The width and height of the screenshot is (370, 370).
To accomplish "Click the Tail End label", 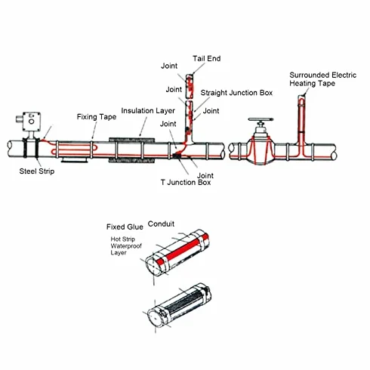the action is (206, 59).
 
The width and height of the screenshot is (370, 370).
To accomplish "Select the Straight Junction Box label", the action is (236, 93).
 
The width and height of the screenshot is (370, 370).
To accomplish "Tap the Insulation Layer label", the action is (148, 111).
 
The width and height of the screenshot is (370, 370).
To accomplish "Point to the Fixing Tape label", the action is (97, 117).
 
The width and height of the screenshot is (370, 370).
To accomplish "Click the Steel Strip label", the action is (37, 171).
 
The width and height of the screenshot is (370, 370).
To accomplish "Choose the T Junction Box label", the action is (186, 182).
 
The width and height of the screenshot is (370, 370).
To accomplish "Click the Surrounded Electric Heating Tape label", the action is (322, 79).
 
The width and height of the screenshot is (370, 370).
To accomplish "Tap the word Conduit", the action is (161, 224).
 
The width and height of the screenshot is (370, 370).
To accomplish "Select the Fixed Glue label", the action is (125, 227).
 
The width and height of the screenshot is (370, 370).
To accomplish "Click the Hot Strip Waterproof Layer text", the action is (126, 246).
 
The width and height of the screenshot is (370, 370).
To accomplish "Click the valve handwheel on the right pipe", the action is (261, 119).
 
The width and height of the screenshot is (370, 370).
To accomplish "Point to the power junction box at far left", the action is (29, 122).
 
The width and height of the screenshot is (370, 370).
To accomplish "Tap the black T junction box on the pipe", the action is (178, 156).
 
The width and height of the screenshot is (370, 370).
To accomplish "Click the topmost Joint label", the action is (169, 66).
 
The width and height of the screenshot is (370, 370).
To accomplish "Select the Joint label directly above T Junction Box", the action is (205, 175).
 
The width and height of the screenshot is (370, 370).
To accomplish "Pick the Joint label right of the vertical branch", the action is (211, 111).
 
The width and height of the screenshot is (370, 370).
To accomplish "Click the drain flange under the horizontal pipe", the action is (74, 160).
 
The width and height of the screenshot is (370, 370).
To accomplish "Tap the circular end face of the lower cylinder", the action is (155, 318).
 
